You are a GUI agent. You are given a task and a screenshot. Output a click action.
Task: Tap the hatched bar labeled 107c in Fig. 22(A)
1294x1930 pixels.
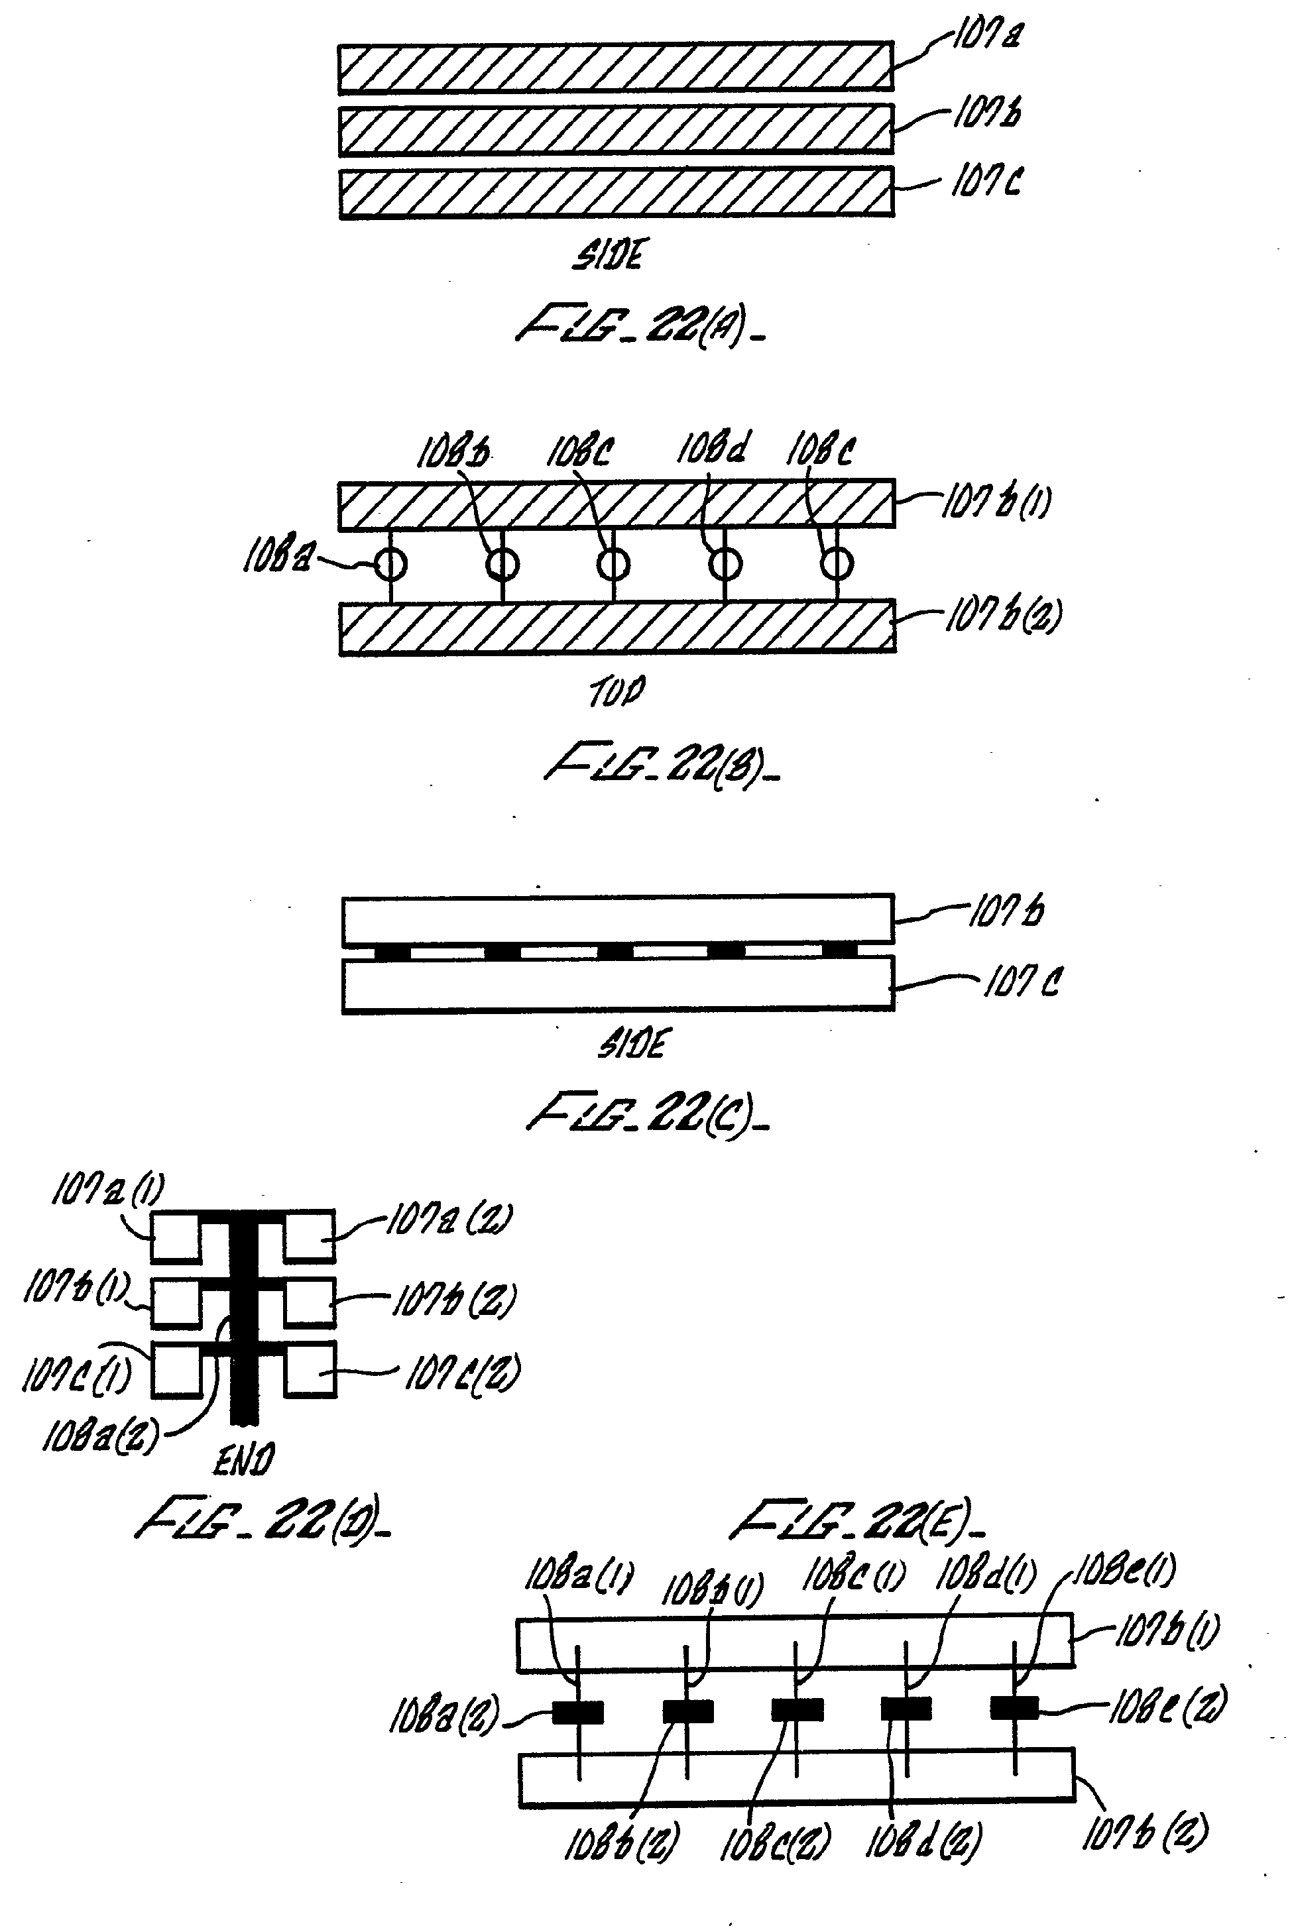[x=616, y=193]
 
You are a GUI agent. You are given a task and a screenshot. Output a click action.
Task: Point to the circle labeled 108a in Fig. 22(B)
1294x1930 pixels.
[x=390, y=565]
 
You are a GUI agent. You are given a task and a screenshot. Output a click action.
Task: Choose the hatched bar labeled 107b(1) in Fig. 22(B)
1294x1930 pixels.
[x=616, y=503]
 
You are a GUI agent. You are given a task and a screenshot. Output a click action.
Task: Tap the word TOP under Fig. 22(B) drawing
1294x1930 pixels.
[x=617, y=691]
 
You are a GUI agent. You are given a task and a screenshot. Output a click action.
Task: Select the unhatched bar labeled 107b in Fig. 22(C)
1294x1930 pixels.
[x=617, y=919]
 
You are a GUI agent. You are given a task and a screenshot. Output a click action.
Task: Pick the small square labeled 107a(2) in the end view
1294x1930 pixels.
[x=310, y=1236]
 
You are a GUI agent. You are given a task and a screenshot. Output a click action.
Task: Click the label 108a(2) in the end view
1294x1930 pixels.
[x=99, y=1438]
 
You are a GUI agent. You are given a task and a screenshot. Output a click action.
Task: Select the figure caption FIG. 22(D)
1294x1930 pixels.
[x=263, y=1520]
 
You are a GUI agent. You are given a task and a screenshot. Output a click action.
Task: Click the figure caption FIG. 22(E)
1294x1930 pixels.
[x=858, y=1520]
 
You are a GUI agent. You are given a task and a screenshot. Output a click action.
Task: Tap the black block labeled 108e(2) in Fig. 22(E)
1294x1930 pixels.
[x=1014, y=1707]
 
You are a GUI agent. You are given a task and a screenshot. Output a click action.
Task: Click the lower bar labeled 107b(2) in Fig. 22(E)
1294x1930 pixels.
[x=796, y=1778]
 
